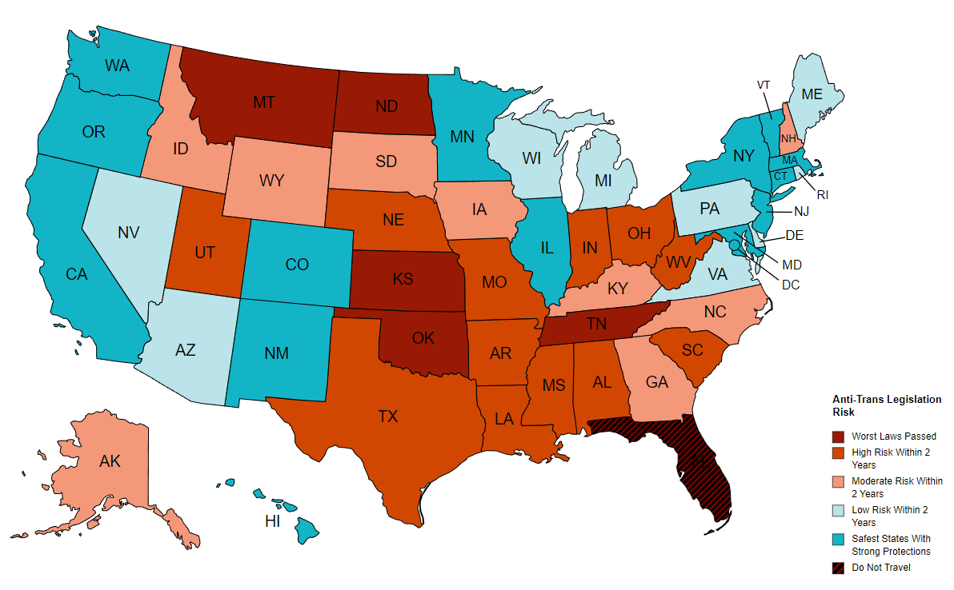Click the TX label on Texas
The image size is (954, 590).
click(x=388, y=417)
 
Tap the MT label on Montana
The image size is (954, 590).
click(x=265, y=102)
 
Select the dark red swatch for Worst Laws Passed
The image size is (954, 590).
click(x=839, y=437)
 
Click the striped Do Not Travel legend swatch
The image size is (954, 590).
click(x=839, y=568)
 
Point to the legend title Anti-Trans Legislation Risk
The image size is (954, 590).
click(x=887, y=405)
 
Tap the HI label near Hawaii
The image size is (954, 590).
click(x=272, y=522)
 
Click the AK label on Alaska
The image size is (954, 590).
click(x=110, y=461)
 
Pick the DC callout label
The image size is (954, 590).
click(x=791, y=285)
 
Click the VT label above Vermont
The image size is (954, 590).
click(x=764, y=85)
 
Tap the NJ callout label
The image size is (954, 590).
click(x=803, y=211)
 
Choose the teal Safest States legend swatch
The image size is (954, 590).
click(x=839, y=539)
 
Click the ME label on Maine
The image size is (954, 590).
click(x=812, y=94)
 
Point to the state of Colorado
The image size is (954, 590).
click(x=297, y=264)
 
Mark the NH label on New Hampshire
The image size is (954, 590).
click(x=789, y=138)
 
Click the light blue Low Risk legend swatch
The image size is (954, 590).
click(x=839, y=510)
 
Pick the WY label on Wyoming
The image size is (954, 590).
click(x=272, y=181)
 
